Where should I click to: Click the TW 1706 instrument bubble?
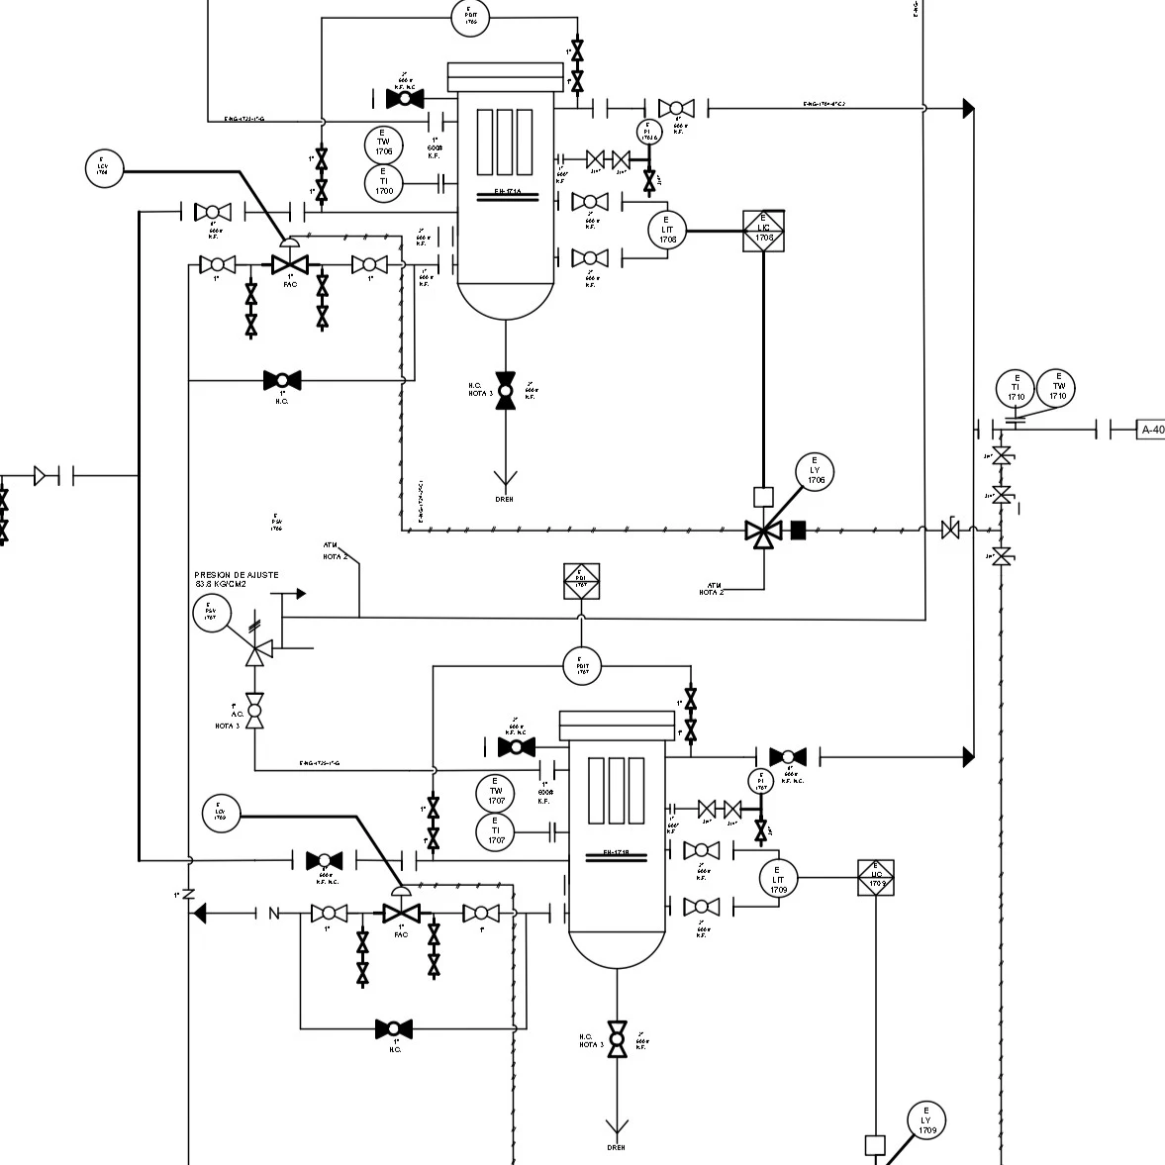(383, 145)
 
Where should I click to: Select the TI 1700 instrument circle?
(383, 183)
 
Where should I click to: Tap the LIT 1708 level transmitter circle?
(667, 231)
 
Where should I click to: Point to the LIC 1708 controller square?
(763, 231)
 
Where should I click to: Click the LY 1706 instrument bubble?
(815, 473)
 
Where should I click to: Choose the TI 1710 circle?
(1016, 389)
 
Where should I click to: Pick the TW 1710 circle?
(1058, 388)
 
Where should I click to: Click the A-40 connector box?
(1151, 430)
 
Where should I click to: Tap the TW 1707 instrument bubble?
(496, 794)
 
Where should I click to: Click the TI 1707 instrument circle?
(496, 832)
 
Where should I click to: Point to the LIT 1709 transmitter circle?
(778, 878)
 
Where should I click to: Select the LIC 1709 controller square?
(876, 878)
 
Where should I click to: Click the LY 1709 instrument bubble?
(926, 1121)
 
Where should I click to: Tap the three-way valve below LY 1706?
(763, 533)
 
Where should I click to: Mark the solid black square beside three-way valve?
(799, 532)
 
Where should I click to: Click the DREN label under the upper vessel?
(505, 500)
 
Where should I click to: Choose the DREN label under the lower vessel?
(617, 1148)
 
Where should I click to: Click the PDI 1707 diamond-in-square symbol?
(581, 582)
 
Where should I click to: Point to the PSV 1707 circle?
(211, 614)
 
